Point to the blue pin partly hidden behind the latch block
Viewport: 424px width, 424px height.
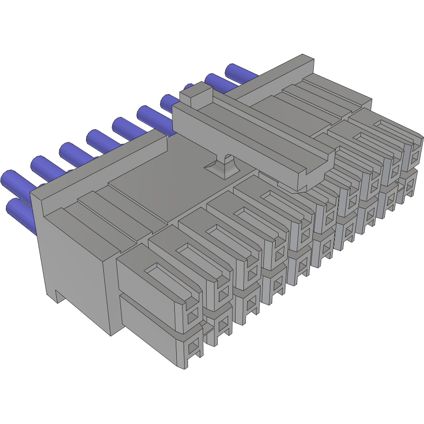187,88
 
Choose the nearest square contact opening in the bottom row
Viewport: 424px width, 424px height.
193,348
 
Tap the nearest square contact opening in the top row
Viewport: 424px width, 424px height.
192,313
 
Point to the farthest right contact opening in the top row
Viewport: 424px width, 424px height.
416,157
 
